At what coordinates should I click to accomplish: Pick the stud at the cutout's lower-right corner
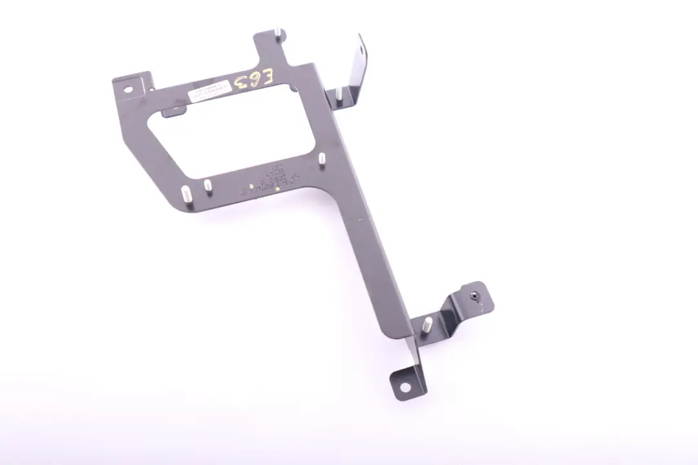[321, 158]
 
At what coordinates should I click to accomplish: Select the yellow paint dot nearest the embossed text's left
[278, 190]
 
